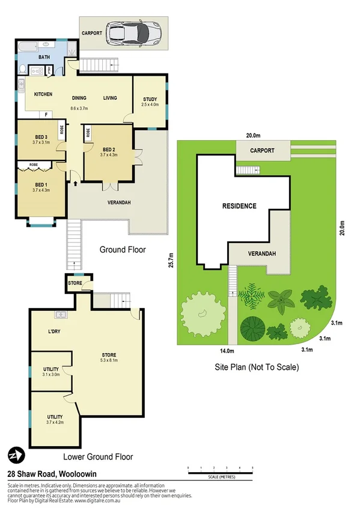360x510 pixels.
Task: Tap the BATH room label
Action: (44, 57)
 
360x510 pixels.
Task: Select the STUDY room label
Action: (150, 99)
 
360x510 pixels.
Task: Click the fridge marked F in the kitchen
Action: (46, 114)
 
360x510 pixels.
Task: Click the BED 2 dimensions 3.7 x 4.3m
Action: (109, 155)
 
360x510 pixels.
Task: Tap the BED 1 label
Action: (41, 184)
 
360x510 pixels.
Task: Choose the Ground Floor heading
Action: (123, 250)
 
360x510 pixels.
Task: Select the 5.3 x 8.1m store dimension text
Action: (108, 361)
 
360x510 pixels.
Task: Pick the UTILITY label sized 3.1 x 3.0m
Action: (50, 369)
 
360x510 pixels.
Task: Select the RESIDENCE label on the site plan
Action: (239, 206)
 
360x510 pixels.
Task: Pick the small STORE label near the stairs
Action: (76, 282)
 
